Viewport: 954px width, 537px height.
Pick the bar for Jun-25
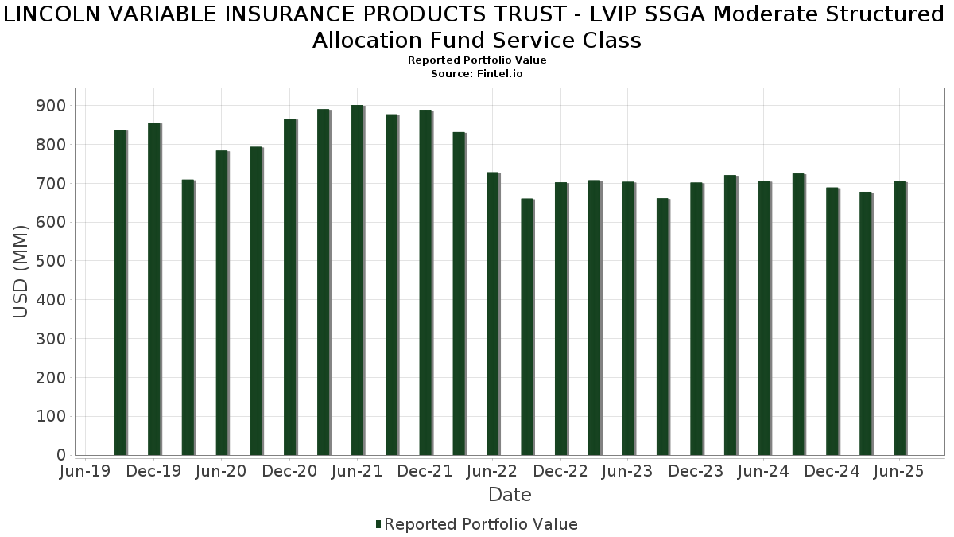pyautogui.click(x=899, y=318)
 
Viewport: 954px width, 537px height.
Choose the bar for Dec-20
pyautogui.click(x=289, y=286)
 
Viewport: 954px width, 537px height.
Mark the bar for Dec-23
pyautogui.click(x=696, y=319)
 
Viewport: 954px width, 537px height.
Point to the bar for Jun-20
pyautogui.click(x=222, y=302)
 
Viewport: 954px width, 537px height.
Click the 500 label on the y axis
pyautogui.click(x=50, y=261)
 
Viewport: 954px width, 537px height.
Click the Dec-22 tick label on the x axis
pyautogui.click(x=560, y=471)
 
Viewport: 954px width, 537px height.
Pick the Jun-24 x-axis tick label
pyautogui.click(x=763, y=471)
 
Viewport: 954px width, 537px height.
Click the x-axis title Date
pyautogui.click(x=510, y=495)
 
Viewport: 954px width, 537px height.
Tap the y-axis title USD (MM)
pyautogui.click(x=21, y=271)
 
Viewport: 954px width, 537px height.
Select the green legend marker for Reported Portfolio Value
pyautogui.click(x=378, y=524)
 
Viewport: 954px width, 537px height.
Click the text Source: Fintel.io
pyautogui.click(x=477, y=73)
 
